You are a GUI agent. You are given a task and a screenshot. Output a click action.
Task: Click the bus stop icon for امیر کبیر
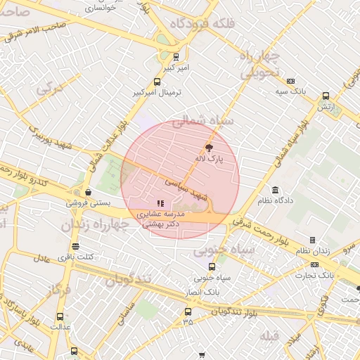[176, 57]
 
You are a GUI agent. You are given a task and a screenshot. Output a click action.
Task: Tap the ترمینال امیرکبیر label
[157, 92]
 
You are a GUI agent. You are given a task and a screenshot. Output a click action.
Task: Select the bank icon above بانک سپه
[291, 81]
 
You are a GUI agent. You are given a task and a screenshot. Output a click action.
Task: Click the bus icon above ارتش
[326, 96]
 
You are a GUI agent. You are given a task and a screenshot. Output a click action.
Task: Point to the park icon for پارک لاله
[208, 147]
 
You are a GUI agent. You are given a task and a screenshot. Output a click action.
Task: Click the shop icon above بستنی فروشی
[88, 192]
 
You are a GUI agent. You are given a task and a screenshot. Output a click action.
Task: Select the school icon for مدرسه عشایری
[160, 203]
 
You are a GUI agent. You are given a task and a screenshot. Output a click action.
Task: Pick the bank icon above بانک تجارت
[314, 264]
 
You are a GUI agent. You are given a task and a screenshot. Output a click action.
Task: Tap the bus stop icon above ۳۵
[188, 311]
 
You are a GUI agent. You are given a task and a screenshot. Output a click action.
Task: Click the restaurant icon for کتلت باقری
[75, 245]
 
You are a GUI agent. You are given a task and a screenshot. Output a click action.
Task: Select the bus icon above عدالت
[60, 316]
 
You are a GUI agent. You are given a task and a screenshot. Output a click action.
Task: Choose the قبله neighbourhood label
[269, 335]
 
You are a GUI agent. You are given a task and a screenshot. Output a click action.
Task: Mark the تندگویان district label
[129, 280]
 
